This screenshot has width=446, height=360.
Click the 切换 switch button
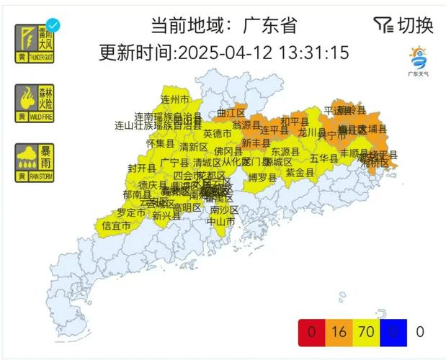coord(404,25)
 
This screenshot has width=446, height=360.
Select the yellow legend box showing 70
coord(367,332)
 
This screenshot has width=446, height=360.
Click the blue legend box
coord(394,332)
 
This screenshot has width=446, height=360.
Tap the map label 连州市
coord(174,99)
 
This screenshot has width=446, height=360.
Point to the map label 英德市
coord(217,134)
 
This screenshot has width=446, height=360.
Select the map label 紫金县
coord(300,173)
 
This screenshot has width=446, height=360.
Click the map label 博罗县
coord(262,177)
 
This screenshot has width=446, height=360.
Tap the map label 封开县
coord(142,168)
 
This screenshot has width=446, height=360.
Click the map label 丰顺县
coord(354,153)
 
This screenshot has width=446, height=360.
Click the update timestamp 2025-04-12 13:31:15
coord(263,53)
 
